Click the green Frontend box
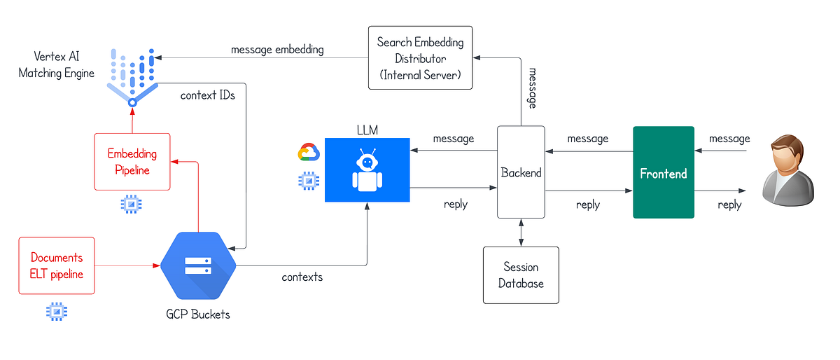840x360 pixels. pyautogui.click(x=663, y=173)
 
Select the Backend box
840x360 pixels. pyautogui.click(x=521, y=172)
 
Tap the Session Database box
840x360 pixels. pyautogui.click(x=521, y=275)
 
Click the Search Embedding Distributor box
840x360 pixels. pyautogui.click(x=420, y=57)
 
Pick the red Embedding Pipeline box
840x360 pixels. pyautogui.click(x=132, y=162)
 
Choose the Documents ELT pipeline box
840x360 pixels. pyautogui.click(x=56, y=266)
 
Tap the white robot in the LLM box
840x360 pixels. pyautogui.click(x=367, y=171)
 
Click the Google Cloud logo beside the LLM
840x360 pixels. pyautogui.click(x=309, y=153)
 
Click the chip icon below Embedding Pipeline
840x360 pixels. pyautogui.click(x=131, y=205)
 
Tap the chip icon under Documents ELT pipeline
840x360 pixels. pyautogui.click(x=55, y=312)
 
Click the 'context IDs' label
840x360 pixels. pyautogui.click(x=208, y=95)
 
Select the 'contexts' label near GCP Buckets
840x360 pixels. pyautogui.click(x=302, y=277)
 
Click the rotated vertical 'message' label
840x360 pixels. pyautogui.click(x=532, y=89)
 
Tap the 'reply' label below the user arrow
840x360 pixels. pyautogui.click(x=729, y=205)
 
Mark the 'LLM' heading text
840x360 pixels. pyautogui.click(x=367, y=130)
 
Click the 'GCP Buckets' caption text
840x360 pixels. pyautogui.click(x=199, y=314)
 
